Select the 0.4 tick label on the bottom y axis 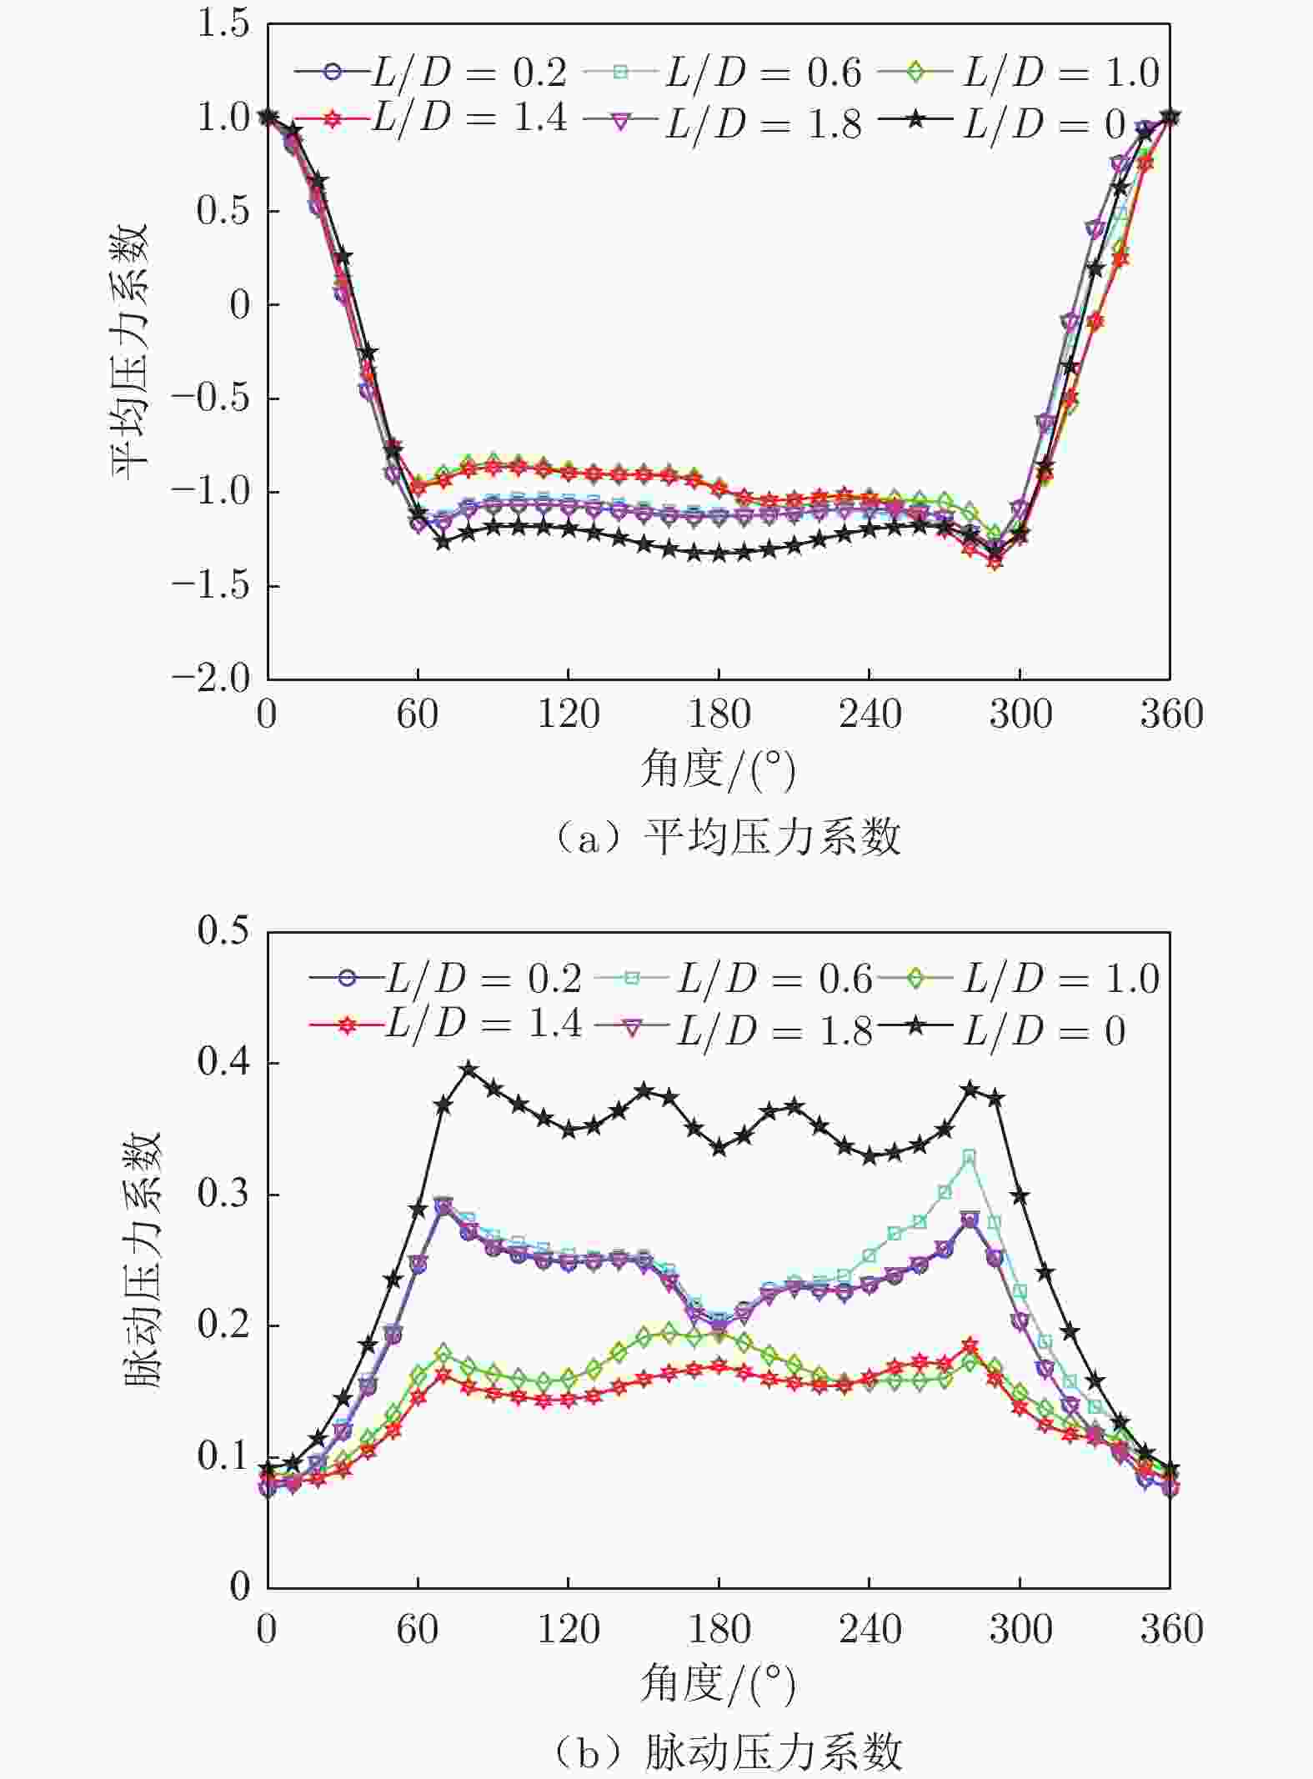pyautogui.click(x=223, y=1063)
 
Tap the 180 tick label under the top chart pyautogui.click(x=719, y=714)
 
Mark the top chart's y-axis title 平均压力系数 pyautogui.click(x=131, y=350)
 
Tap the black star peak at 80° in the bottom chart pyautogui.click(x=469, y=1070)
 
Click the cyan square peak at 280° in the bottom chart pyautogui.click(x=970, y=1157)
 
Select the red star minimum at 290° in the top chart pyautogui.click(x=995, y=563)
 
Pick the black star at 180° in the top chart pyautogui.click(x=719, y=554)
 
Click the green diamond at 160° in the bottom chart pyautogui.click(x=669, y=1332)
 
